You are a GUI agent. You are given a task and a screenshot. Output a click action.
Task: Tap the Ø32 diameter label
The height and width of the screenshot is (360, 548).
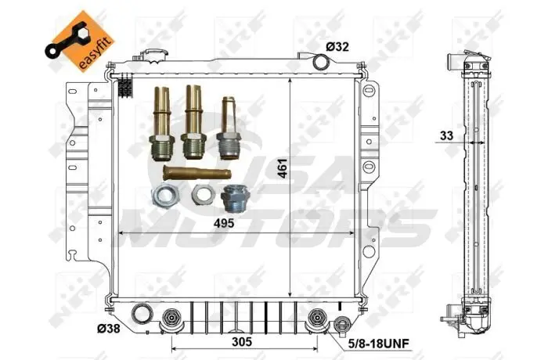tap(337, 47)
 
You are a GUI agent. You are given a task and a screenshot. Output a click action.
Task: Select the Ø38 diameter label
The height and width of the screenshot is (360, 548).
tap(108, 329)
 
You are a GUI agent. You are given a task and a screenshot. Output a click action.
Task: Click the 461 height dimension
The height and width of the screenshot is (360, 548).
tap(283, 168)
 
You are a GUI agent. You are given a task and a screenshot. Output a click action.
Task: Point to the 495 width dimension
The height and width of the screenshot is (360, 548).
tap(224, 223)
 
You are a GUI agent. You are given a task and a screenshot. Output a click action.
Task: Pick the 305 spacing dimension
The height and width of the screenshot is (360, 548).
tap(242, 341)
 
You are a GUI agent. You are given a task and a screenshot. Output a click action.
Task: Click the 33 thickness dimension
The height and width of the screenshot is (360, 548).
tap(446, 135)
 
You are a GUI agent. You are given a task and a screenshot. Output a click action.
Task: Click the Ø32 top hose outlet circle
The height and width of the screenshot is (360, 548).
tap(321, 62)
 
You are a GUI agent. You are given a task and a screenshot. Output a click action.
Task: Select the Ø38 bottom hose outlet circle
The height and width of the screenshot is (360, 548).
tap(142, 314)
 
